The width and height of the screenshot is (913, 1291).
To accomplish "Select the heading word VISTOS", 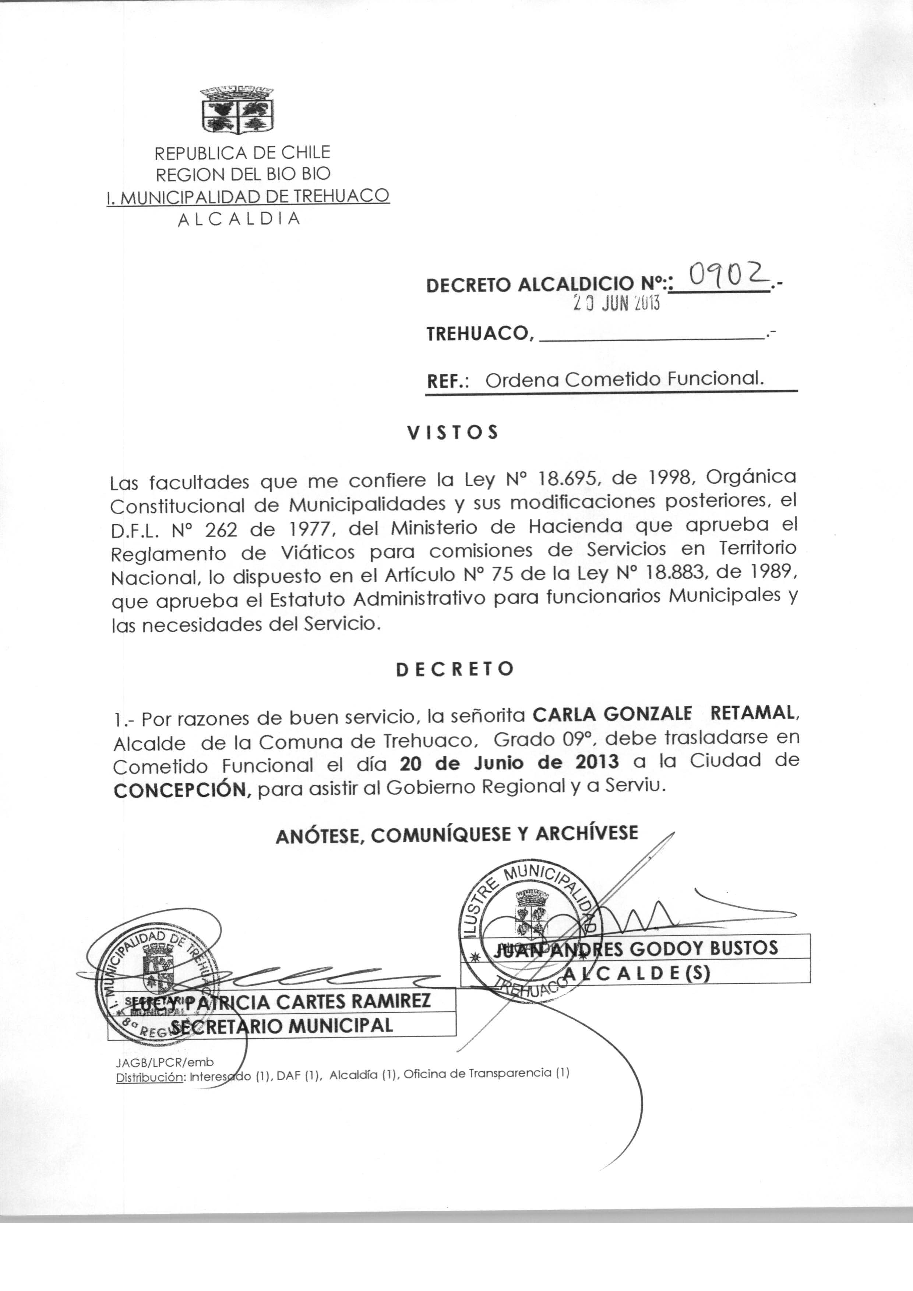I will (452, 433).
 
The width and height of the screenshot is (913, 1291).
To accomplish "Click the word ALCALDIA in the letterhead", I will (239, 219).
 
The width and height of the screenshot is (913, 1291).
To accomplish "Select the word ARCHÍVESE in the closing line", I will (587, 833).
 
